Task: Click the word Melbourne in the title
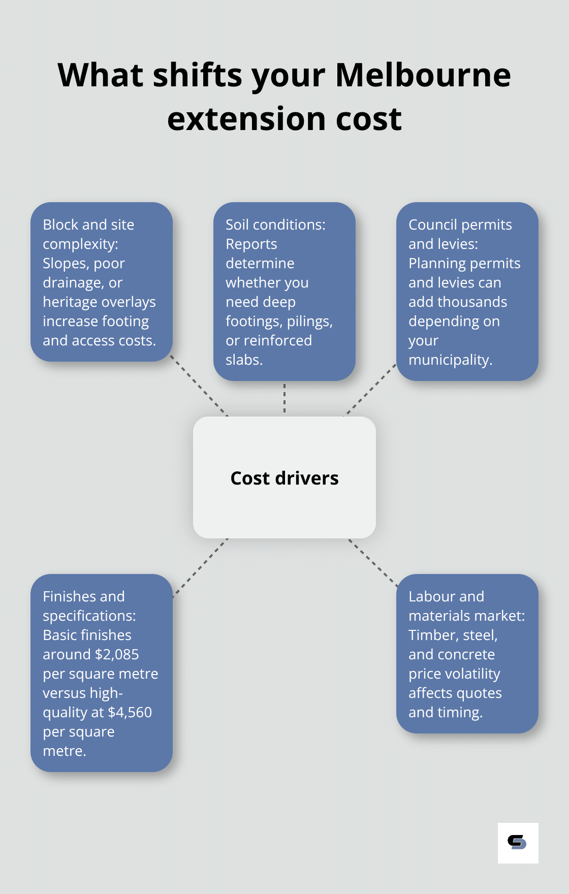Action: (423, 75)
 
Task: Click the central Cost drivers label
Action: (284, 478)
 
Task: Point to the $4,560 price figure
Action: (130, 712)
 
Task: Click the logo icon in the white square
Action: (517, 843)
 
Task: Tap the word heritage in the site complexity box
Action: (71, 302)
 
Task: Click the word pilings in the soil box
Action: (309, 321)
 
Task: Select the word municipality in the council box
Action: (450, 360)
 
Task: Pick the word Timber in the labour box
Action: (433, 635)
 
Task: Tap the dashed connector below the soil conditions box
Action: (284, 399)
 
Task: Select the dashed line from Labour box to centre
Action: (373, 563)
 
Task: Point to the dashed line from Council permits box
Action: (371, 390)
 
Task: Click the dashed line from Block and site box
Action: (199, 386)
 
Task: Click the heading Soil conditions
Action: (275, 225)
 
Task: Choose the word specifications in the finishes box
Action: (88, 616)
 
